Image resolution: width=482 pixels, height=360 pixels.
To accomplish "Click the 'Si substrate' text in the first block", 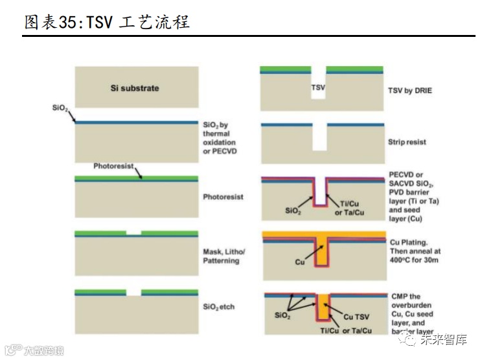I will (x=135, y=88).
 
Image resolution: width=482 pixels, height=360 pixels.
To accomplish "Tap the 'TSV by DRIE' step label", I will (x=409, y=91).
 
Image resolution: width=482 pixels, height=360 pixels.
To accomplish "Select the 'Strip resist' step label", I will (x=406, y=141).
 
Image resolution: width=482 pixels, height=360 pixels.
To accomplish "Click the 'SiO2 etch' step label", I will (x=218, y=306).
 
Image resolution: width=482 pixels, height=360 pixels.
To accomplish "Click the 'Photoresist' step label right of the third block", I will (x=223, y=197).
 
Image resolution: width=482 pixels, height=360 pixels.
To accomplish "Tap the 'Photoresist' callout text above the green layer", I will (x=113, y=166).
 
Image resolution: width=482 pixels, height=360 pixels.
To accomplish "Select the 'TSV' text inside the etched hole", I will (x=318, y=87).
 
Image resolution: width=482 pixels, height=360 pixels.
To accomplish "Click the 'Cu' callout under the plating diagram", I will (x=300, y=262).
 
